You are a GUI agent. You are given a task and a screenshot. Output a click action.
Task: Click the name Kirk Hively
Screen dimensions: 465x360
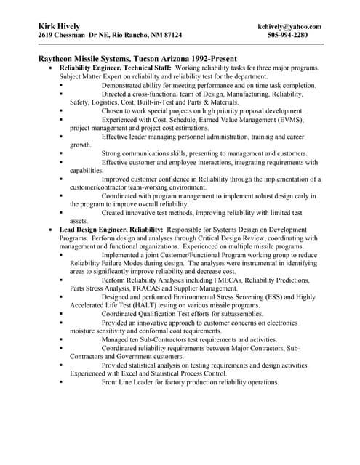[60, 25]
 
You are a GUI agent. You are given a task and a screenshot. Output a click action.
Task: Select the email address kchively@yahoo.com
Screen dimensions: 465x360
[289, 26]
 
